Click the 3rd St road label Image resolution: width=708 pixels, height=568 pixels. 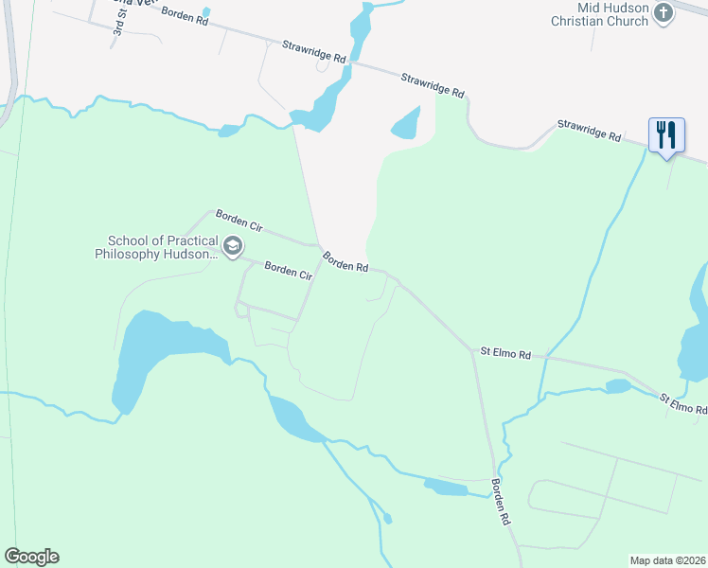[x=119, y=26]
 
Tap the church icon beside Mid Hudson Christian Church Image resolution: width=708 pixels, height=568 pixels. [x=664, y=13]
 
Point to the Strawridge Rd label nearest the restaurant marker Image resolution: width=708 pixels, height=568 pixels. [x=588, y=130]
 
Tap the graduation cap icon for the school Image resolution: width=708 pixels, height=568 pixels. [x=232, y=248]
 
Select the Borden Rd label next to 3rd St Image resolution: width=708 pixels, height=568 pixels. [x=184, y=15]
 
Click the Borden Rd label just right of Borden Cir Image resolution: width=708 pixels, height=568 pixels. [x=345, y=261]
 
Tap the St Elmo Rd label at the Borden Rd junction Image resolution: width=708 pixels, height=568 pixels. [x=505, y=353]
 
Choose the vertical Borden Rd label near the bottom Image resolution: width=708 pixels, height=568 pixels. [x=500, y=502]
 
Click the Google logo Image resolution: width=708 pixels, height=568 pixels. [x=31, y=557]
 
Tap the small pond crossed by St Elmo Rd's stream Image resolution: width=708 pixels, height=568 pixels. [x=617, y=386]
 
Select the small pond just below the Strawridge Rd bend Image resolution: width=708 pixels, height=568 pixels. [x=406, y=123]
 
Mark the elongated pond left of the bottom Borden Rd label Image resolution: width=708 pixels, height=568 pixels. [x=446, y=488]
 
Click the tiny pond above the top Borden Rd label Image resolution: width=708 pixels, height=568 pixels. [x=206, y=12]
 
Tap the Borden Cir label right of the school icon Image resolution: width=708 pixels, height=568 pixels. [x=288, y=272]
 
